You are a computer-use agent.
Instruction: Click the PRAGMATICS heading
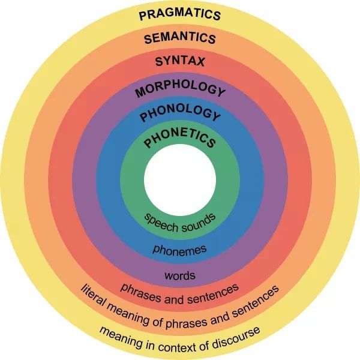(x=180, y=14)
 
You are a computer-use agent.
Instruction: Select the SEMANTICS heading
(x=180, y=38)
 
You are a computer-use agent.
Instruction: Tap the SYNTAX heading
(x=180, y=62)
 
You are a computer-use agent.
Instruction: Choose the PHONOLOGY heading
(x=180, y=113)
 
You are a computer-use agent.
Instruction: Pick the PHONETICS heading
(x=180, y=139)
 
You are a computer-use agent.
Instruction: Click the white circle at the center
(x=180, y=180)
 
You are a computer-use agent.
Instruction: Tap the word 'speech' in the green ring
(x=161, y=222)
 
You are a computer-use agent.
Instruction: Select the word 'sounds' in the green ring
(x=199, y=222)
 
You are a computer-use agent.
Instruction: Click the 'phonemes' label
(x=180, y=250)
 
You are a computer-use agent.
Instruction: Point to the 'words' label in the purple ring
(x=180, y=275)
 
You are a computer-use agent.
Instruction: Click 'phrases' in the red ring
(x=140, y=293)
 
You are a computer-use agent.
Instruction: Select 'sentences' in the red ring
(x=212, y=295)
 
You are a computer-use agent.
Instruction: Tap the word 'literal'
(x=93, y=296)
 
